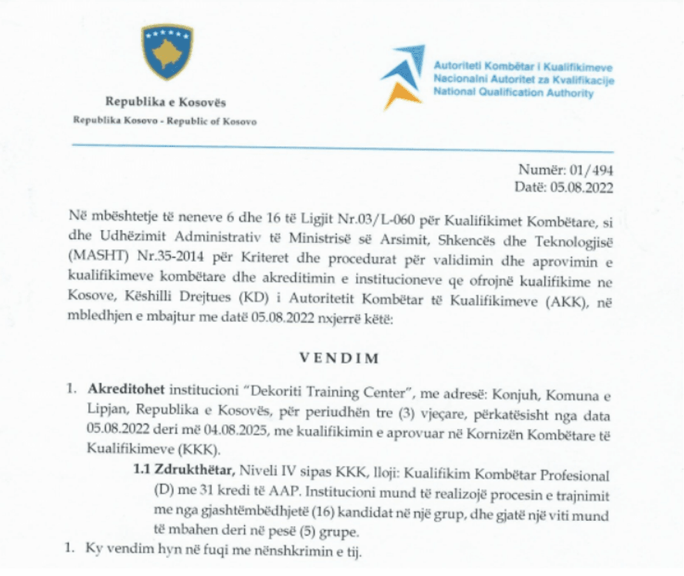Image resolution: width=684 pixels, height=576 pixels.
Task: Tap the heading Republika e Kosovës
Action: pyautogui.click(x=166, y=103)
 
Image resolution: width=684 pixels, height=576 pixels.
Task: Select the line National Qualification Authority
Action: pyautogui.click(x=513, y=93)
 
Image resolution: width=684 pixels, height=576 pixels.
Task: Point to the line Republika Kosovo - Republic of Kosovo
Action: pyautogui.click(x=165, y=121)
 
